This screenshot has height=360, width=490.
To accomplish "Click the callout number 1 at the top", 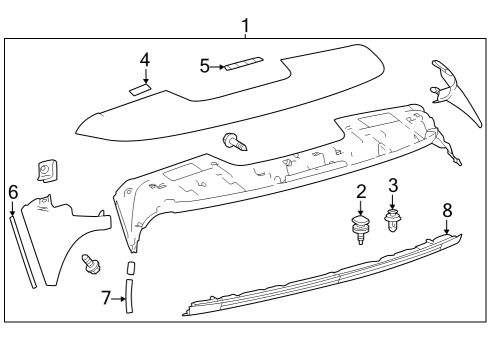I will pyautogui.click(x=246, y=23).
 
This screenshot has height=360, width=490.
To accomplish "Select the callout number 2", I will pyautogui.click(x=361, y=190).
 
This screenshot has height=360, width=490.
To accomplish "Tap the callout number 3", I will pyautogui.click(x=393, y=185).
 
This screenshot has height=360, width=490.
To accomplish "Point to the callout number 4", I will pyautogui.click(x=144, y=60).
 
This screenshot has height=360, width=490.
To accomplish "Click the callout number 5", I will pyautogui.click(x=205, y=66).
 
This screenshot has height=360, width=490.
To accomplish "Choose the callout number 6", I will pyautogui.click(x=13, y=191).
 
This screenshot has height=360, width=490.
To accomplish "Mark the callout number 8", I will pyautogui.click(x=447, y=210).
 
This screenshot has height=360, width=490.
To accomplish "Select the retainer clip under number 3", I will pyautogui.click(x=393, y=217).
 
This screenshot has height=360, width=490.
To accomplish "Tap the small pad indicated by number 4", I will pyautogui.click(x=141, y=88).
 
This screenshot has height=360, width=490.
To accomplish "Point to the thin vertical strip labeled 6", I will pyautogui.click(x=24, y=250).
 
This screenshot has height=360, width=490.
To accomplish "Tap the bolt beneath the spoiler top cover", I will pyautogui.click(x=236, y=142).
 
